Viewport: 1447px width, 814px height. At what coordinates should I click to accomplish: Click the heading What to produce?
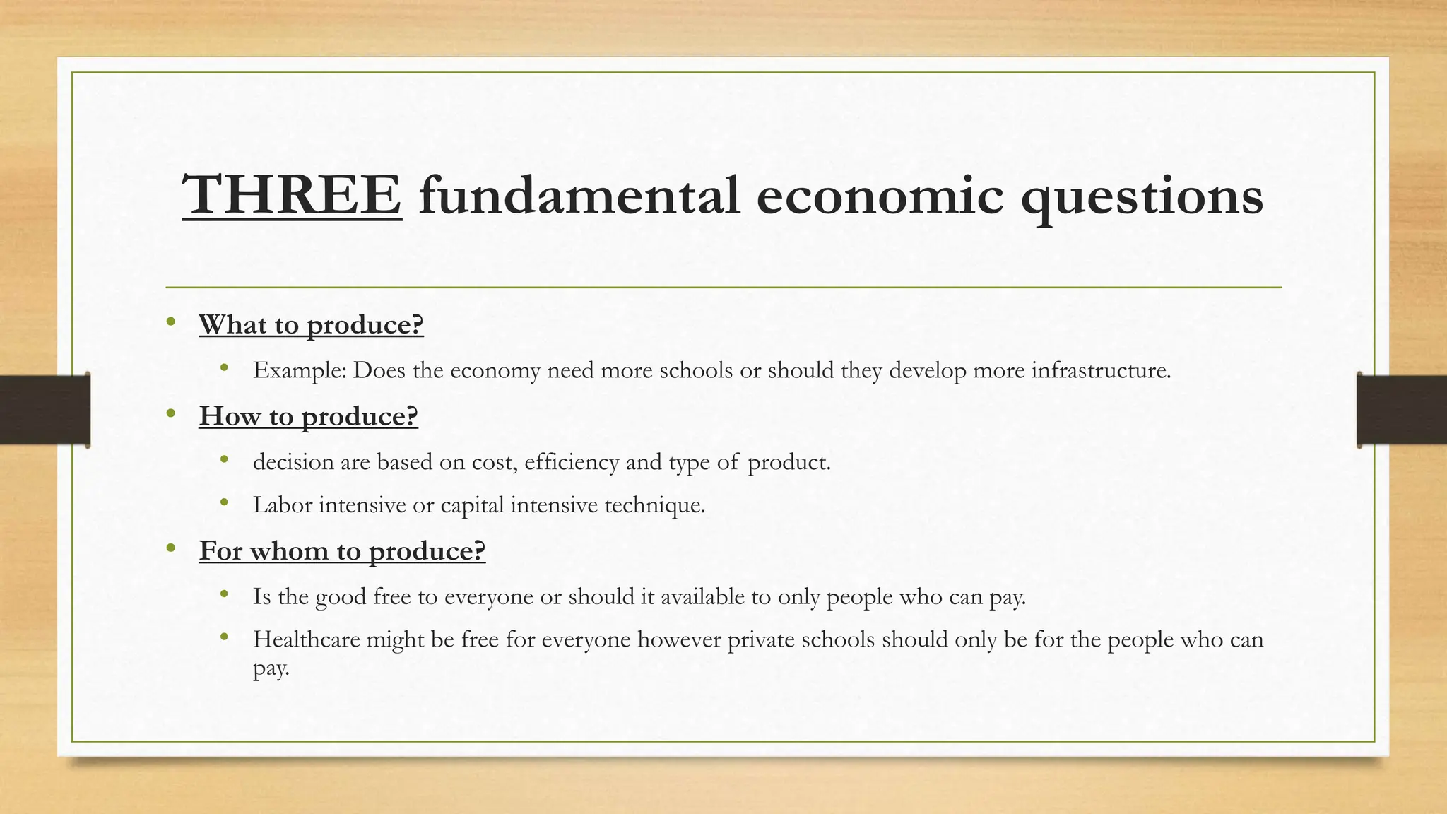[x=311, y=324]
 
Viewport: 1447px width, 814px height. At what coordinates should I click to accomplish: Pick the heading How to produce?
[x=308, y=416]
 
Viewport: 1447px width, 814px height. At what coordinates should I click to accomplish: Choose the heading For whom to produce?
[x=342, y=550]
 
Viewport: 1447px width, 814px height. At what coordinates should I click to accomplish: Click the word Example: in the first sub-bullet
[x=300, y=370]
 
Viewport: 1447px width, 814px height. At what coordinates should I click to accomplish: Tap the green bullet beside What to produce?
[x=170, y=322]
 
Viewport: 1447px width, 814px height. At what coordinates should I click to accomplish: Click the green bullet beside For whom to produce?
[x=170, y=548]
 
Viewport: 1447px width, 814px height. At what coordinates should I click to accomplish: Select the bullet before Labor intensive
[x=225, y=502]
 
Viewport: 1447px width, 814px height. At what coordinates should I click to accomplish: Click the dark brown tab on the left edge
[x=45, y=410]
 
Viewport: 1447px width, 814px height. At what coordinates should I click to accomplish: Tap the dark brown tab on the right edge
[x=1402, y=410]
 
